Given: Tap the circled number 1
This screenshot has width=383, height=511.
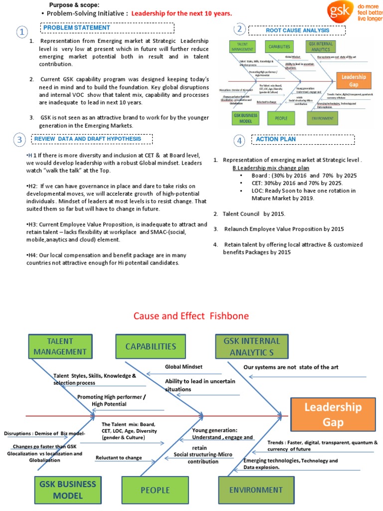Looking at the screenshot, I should [21, 32].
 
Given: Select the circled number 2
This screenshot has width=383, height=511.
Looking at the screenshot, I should [240, 29].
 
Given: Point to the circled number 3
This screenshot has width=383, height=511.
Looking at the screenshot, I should [19, 140].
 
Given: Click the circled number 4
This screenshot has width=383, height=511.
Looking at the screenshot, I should [240, 141].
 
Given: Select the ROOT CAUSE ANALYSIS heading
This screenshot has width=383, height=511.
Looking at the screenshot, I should [297, 30].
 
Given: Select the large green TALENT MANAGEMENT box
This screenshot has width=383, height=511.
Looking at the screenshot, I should [67, 346].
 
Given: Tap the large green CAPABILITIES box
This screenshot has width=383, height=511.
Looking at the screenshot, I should [151, 346].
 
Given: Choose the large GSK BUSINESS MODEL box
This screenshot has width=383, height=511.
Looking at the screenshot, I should [65, 490].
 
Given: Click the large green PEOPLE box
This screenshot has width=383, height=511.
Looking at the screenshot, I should [155, 490].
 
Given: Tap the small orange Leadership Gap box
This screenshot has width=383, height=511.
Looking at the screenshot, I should [354, 80].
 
